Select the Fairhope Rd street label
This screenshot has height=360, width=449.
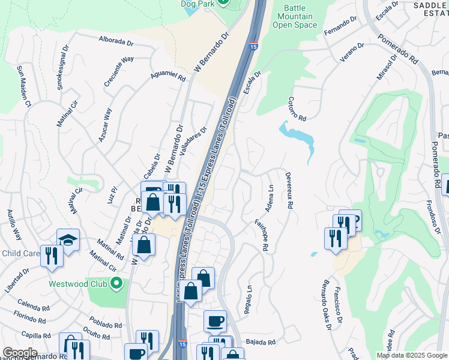point(262,232)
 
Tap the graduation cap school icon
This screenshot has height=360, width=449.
point(68,240)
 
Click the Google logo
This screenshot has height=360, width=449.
point(20,353)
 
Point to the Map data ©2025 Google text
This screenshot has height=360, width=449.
point(411,355)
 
